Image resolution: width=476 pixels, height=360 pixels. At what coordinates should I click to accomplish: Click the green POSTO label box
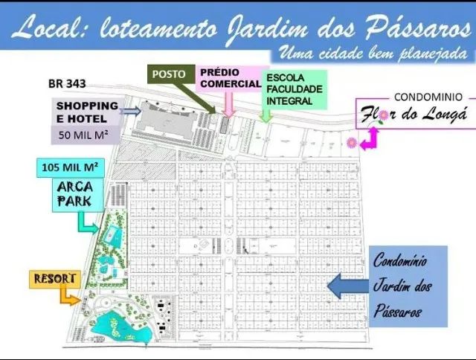(169, 75)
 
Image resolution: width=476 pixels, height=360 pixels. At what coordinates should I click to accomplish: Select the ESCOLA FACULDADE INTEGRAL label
(291, 89)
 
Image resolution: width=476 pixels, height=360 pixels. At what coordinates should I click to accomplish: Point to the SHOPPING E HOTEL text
(87, 112)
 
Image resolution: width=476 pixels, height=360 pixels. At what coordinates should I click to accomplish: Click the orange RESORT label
(55, 279)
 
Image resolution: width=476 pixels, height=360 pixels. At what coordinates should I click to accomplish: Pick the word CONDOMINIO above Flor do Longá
(428, 97)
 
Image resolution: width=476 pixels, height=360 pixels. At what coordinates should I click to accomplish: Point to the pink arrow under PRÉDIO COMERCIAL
(228, 107)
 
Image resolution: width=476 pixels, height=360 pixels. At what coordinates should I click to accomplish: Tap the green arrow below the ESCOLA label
(264, 115)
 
